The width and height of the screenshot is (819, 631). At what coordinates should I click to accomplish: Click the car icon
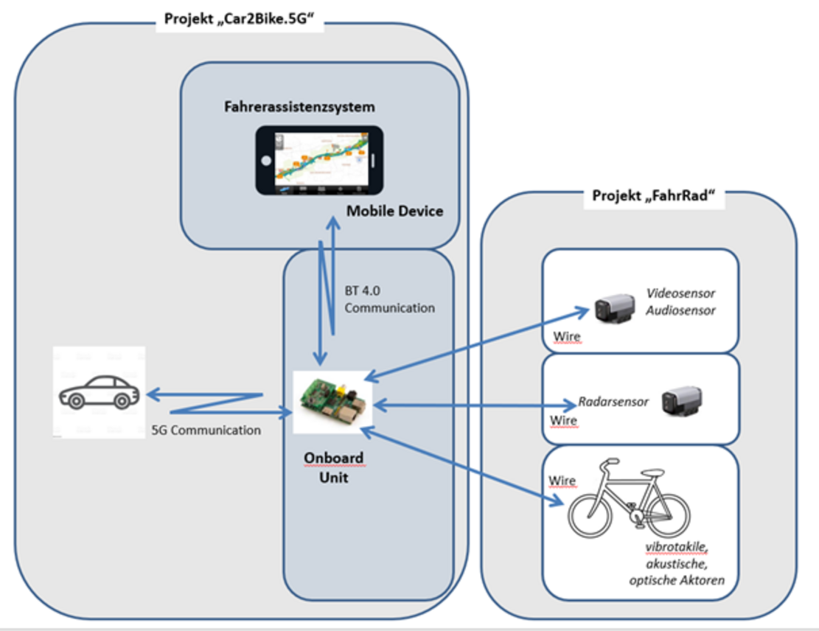pos(97,392)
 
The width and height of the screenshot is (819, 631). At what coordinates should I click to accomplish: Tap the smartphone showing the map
pos(319,160)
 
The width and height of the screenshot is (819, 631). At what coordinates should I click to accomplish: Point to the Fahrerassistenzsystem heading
pos(299,107)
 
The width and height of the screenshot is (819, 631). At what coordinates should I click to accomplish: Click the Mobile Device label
pos(395,212)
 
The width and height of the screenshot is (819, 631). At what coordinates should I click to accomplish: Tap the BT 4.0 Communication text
pos(389,299)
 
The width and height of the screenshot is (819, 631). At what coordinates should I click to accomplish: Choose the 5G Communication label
pos(206,430)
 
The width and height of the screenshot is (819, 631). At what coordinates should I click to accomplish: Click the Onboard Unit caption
pos(333,467)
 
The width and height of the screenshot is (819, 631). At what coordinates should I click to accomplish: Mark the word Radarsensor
pos(613,402)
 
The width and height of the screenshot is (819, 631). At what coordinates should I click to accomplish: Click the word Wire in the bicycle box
pos(562,481)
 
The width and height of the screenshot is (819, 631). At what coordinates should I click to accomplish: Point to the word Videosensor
pos(680,293)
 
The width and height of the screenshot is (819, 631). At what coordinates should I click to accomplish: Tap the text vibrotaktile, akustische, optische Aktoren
pos(677,564)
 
